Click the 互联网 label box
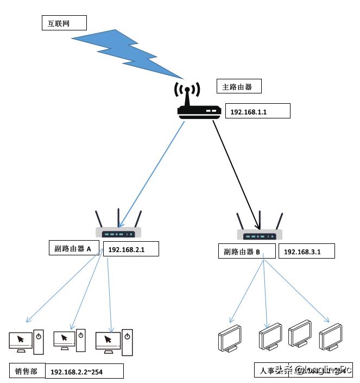64,22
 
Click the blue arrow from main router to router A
152,174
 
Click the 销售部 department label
27,372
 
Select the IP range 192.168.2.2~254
84,372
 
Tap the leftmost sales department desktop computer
26,341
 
